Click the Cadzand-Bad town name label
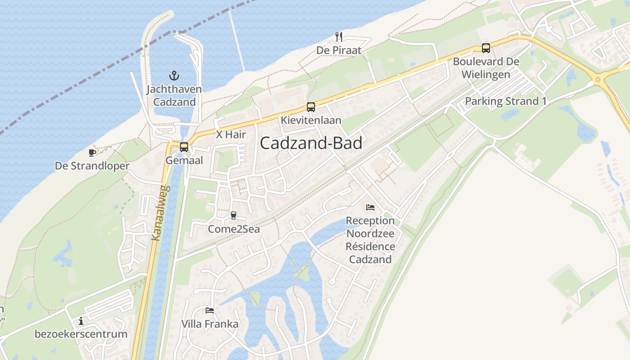311,143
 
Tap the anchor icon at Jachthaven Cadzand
174,76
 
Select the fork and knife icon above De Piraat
339,37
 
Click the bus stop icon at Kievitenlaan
311,107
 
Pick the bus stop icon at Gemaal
184,147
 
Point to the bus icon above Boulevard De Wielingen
486,48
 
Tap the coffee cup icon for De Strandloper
92,153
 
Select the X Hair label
231,134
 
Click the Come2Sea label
234,229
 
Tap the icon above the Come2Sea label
233,216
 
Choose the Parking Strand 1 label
505,101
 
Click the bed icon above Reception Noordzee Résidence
370,207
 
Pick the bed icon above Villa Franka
210,310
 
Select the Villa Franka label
210,324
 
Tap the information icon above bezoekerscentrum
81,321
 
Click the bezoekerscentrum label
81,334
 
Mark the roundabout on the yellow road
598,80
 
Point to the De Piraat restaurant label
339,50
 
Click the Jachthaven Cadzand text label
174,95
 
